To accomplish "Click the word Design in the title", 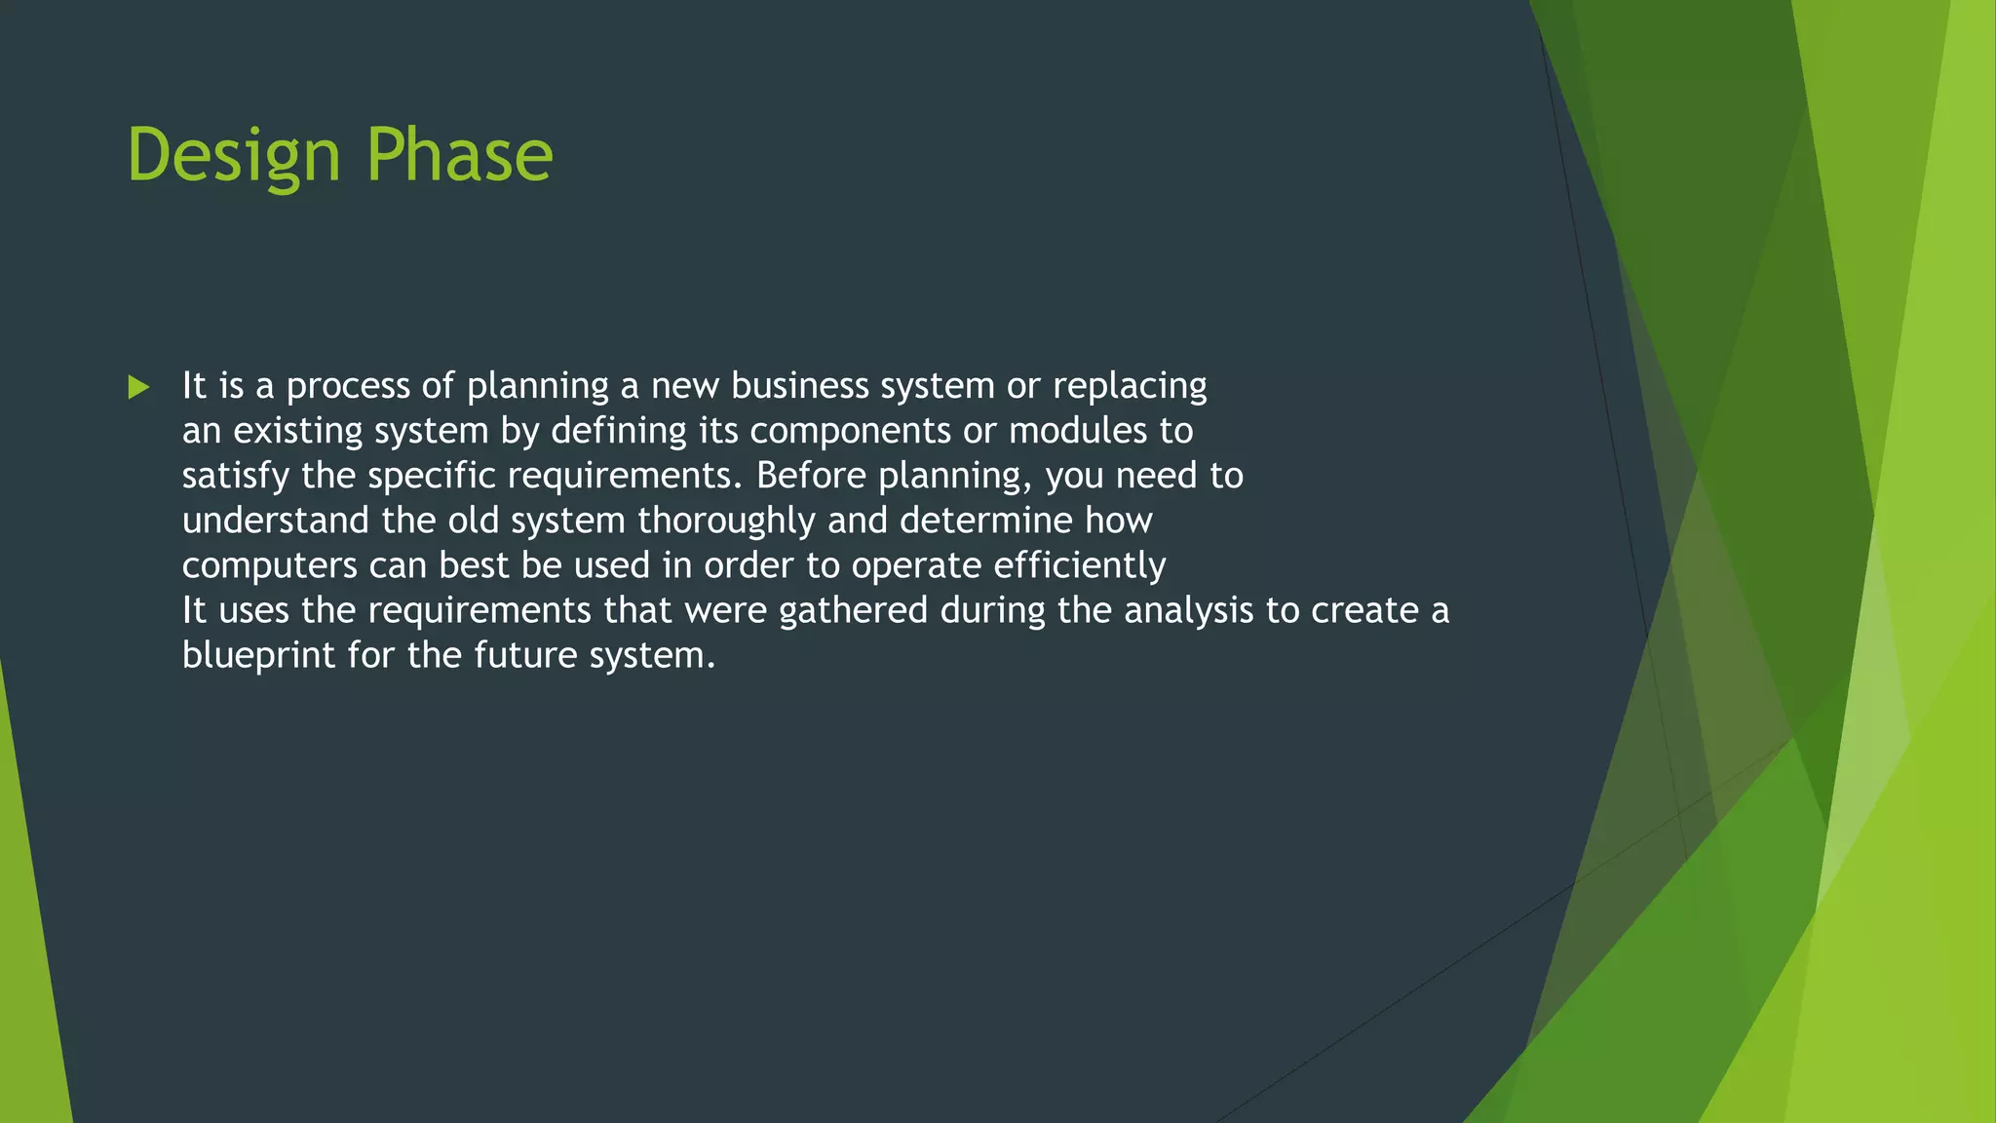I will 234,156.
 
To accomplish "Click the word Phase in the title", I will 459,156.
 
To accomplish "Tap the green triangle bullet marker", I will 138,388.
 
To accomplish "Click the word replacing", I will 1130,386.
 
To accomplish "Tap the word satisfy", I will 236,476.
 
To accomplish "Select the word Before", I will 811,476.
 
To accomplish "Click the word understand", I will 276,521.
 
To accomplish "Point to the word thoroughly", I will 726,521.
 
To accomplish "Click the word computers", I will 270,565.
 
